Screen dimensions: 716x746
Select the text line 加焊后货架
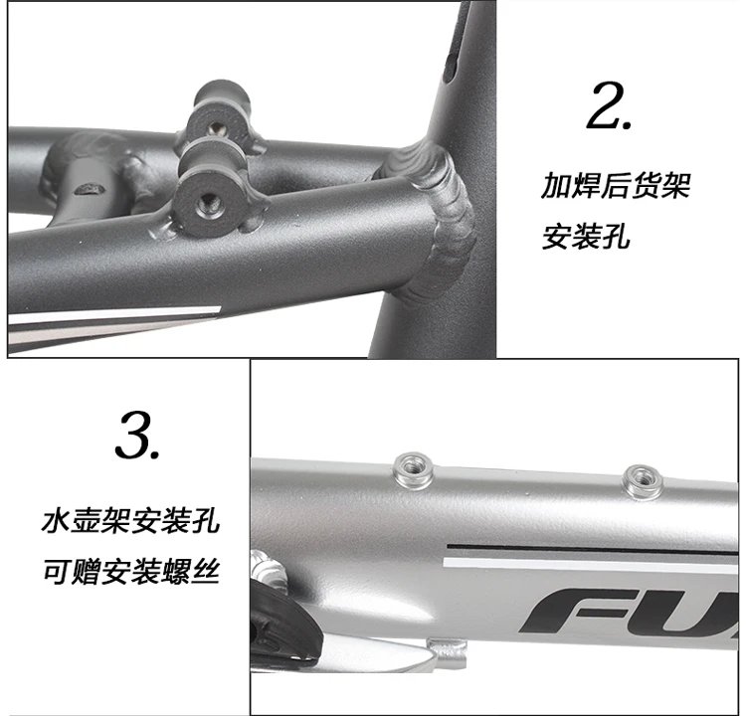coord(615,186)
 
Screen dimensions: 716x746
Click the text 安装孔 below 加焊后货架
coord(586,239)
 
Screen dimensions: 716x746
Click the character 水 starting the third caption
coord(58,521)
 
